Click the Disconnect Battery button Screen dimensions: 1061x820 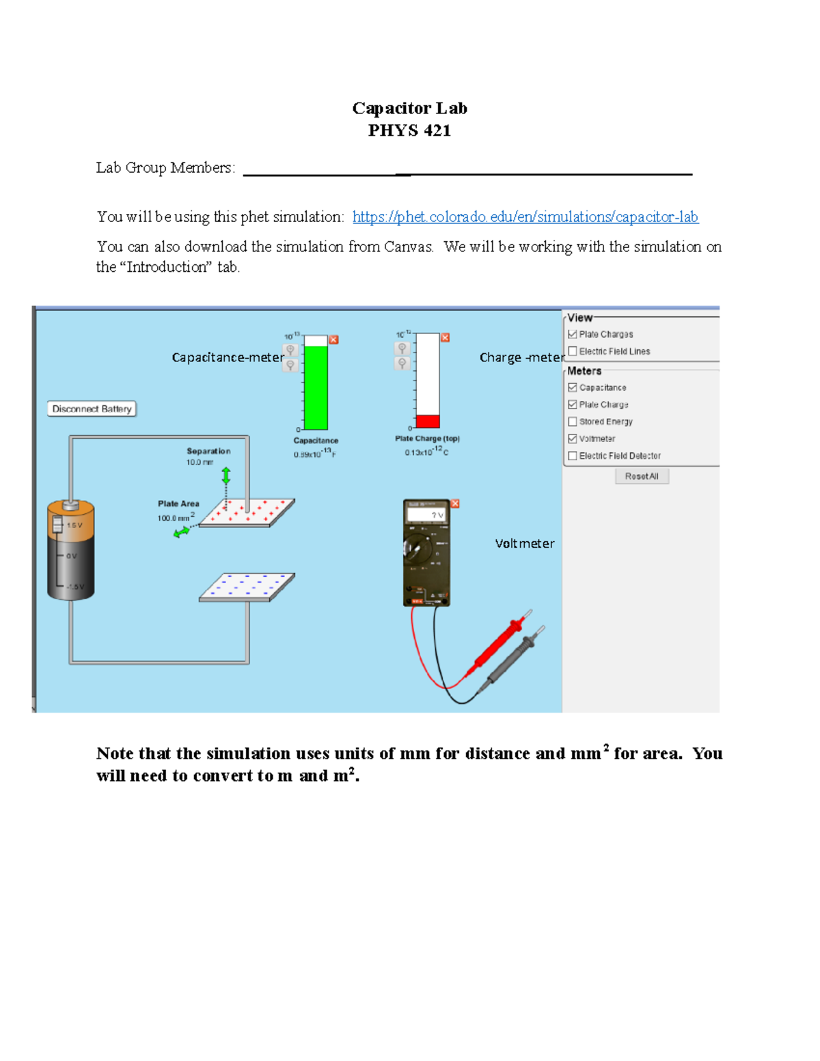click(x=92, y=409)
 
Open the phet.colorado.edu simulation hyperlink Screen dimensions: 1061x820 click(x=525, y=217)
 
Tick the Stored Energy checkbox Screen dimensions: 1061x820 click(x=573, y=422)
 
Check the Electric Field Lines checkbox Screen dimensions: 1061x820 click(x=573, y=351)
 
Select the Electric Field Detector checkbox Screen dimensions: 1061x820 click(x=573, y=456)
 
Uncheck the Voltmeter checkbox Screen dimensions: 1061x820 click(x=573, y=439)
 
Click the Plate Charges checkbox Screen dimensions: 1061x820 click(x=573, y=334)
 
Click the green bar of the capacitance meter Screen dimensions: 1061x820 click(x=316, y=388)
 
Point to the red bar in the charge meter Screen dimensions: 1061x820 click(x=428, y=421)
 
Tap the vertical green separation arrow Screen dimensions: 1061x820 click(x=226, y=476)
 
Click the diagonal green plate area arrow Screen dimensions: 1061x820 click(x=182, y=532)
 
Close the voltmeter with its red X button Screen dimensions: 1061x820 click(x=455, y=504)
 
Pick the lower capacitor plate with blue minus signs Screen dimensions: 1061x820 click(x=247, y=587)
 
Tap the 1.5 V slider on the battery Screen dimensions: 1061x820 click(x=58, y=525)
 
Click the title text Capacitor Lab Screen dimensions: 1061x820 click(x=409, y=108)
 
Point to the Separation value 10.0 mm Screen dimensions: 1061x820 click(x=200, y=463)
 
